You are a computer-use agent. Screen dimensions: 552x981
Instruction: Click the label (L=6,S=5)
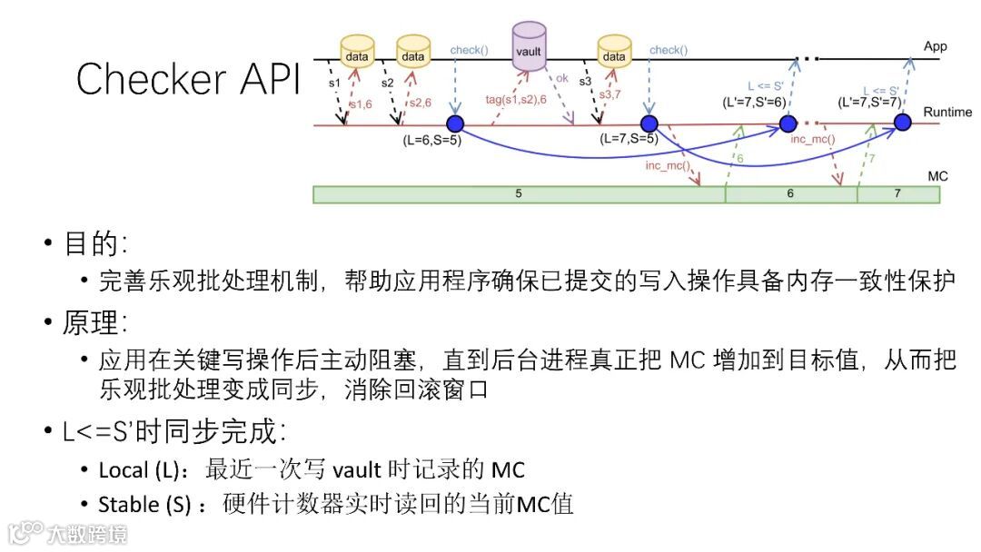coord(431,141)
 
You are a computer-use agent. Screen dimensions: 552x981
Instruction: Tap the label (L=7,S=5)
coord(629,139)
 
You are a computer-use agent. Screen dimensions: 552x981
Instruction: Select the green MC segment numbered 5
coord(519,194)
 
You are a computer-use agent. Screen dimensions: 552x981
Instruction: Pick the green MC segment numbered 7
coord(897,194)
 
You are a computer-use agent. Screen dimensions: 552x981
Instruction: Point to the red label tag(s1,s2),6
coord(516,99)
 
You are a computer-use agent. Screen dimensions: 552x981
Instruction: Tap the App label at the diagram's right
coord(935,45)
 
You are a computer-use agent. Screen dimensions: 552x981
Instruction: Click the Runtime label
coord(947,112)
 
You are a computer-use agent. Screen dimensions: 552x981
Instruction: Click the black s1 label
coord(333,82)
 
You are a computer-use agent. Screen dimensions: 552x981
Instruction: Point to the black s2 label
coord(387,82)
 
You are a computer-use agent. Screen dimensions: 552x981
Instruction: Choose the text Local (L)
coord(136,469)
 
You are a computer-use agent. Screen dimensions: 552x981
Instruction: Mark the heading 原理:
coord(95,321)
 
